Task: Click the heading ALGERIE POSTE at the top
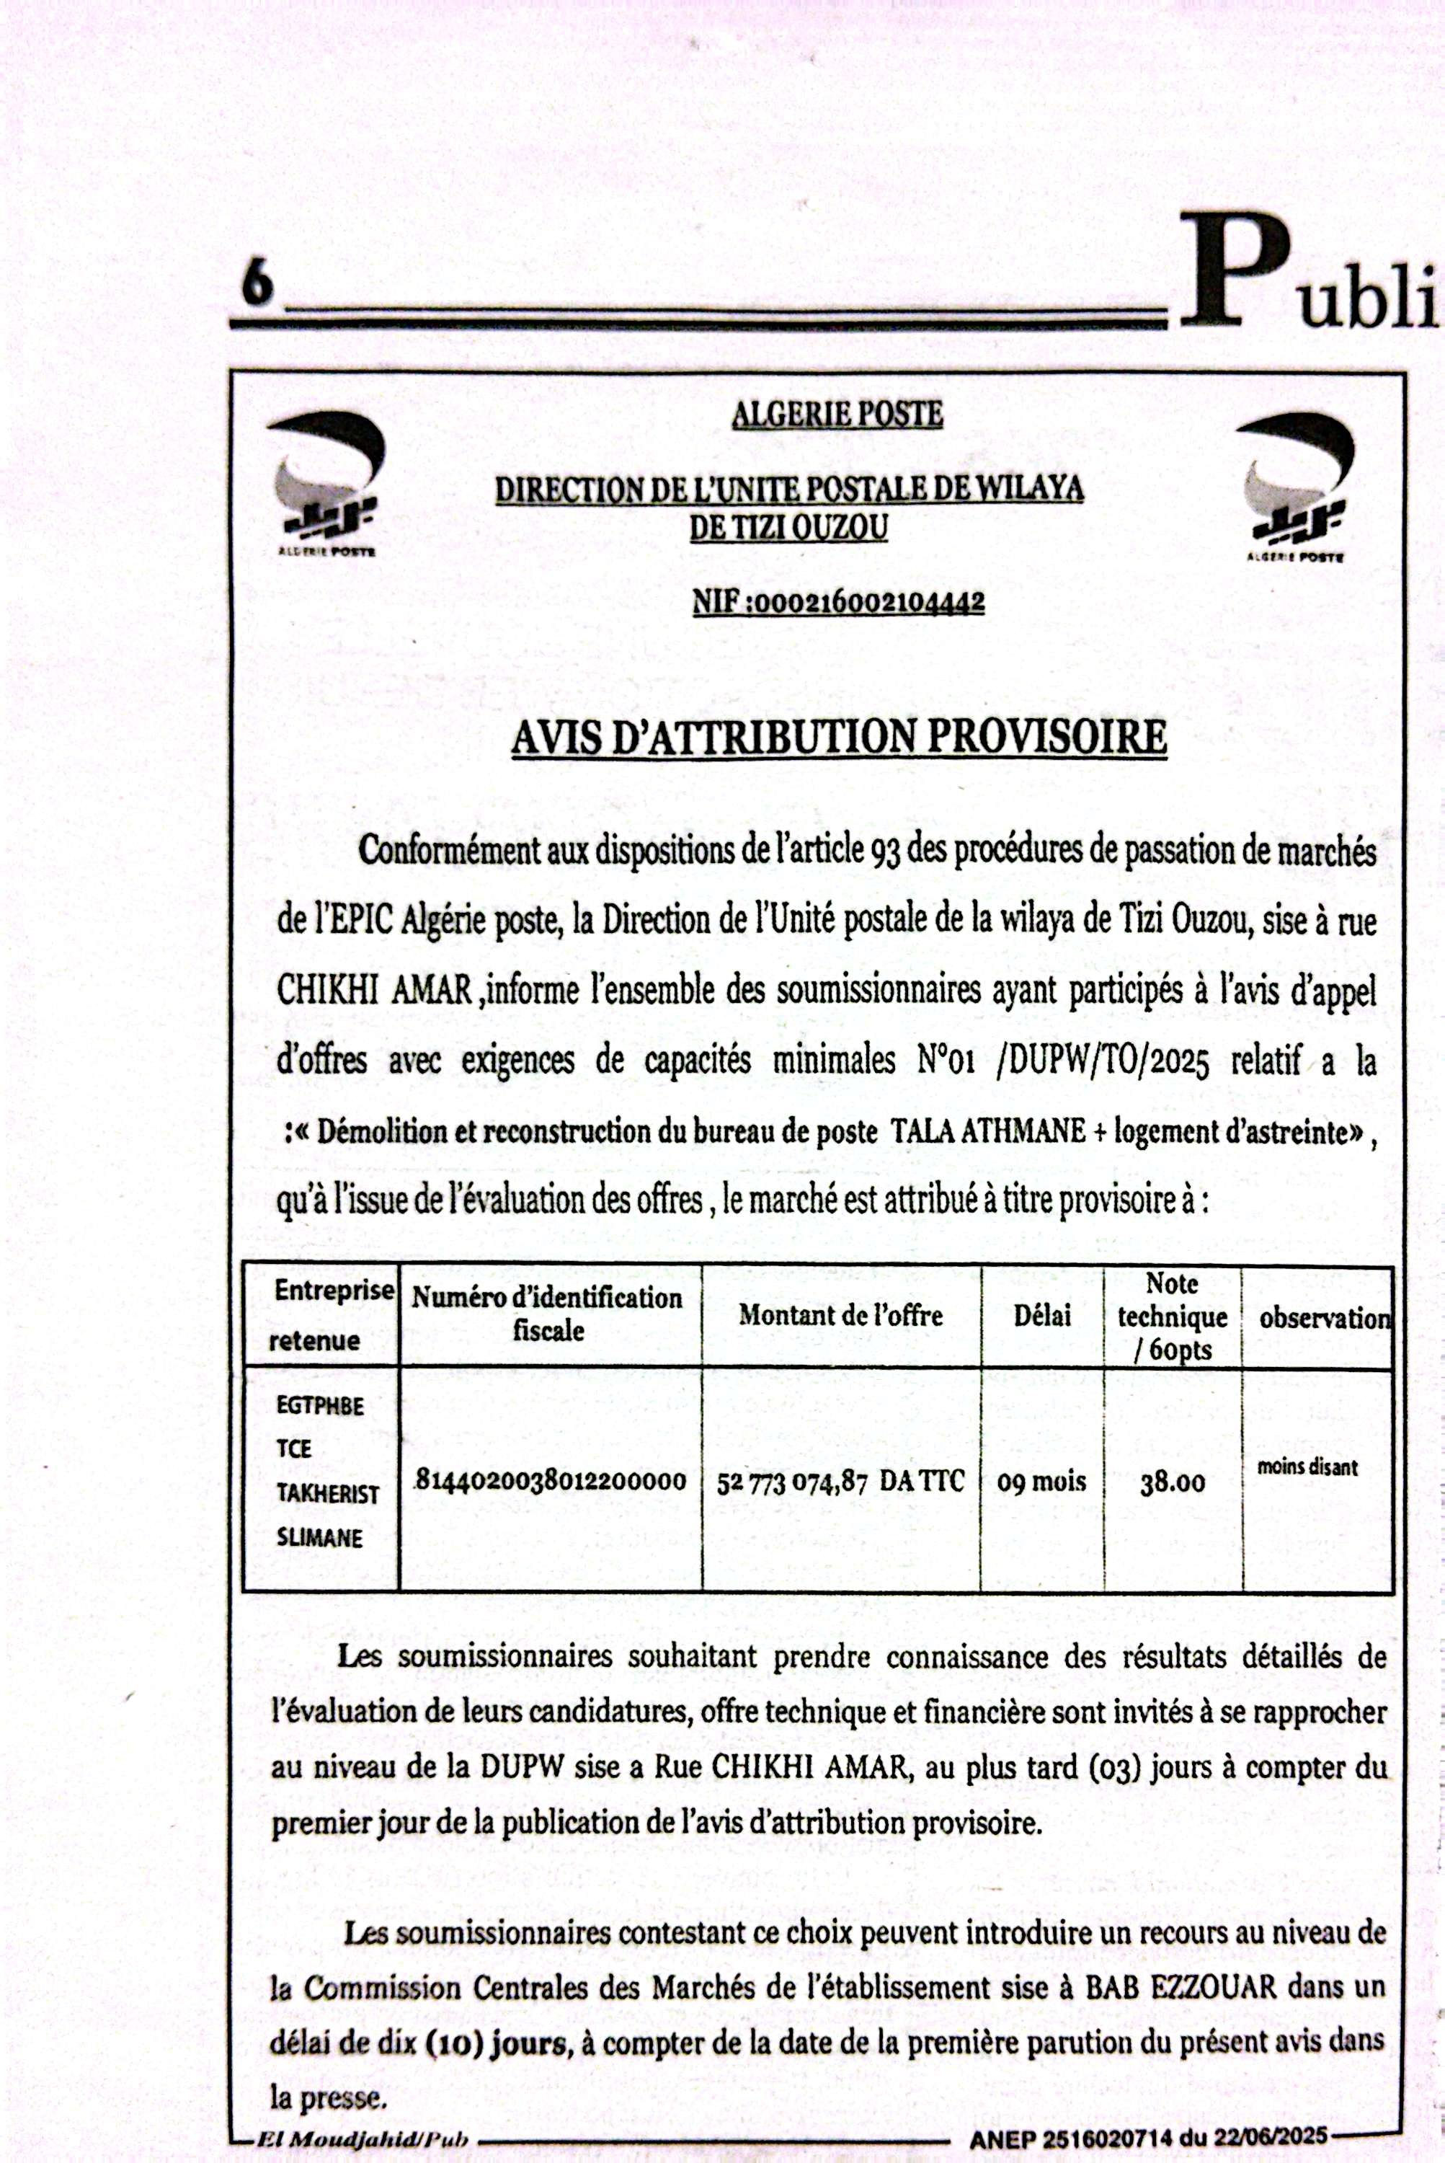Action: coord(837,414)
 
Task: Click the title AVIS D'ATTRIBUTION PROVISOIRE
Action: coord(839,738)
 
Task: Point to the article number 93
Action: coord(884,852)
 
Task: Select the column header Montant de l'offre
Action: coord(840,1316)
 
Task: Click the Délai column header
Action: coord(1041,1316)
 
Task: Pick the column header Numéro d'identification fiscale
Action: coord(548,1314)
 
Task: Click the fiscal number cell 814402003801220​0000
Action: coord(550,1481)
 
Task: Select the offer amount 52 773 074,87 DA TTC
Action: coord(840,1482)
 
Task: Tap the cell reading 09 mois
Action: coord(1041,1482)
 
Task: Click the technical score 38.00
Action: coord(1173,1482)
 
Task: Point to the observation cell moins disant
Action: coord(1307,1467)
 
